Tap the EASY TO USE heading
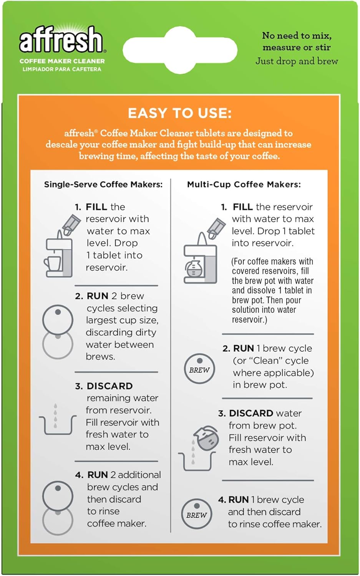(x=180, y=113)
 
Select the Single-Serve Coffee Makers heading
(x=103, y=184)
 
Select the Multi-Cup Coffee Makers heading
(x=244, y=184)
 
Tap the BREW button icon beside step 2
(x=199, y=369)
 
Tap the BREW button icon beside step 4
(x=196, y=514)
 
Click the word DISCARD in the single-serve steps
(x=109, y=386)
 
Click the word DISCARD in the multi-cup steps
(x=251, y=413)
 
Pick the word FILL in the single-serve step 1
(x=96, y=207)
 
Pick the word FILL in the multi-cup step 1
(x=242, y=207)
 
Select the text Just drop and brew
(x=297, y=61)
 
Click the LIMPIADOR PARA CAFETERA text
(x=62, y=70)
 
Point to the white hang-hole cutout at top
(x=180, y=50)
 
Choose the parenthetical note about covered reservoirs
(x=272, y=290)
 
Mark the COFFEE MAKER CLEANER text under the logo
(x=62, y=61)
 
